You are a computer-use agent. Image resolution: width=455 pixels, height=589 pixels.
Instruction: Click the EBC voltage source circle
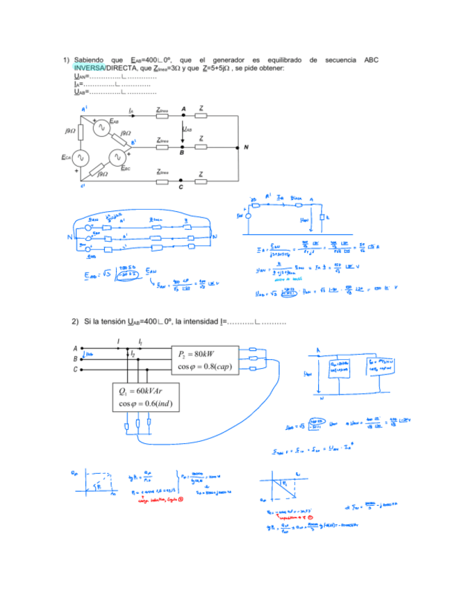pos(119,158)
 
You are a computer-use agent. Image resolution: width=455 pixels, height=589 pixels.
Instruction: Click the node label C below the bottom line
pos(181,188)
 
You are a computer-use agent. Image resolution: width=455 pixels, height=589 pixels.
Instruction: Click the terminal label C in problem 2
pos(75,370)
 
